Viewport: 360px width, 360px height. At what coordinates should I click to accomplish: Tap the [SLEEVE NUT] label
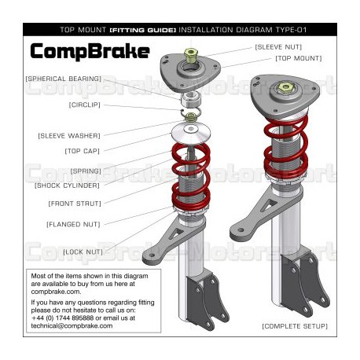(277, 47)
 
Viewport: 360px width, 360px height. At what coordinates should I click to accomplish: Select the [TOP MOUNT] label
(298, 58)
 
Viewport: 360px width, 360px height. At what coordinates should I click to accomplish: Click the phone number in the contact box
(68, 318)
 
